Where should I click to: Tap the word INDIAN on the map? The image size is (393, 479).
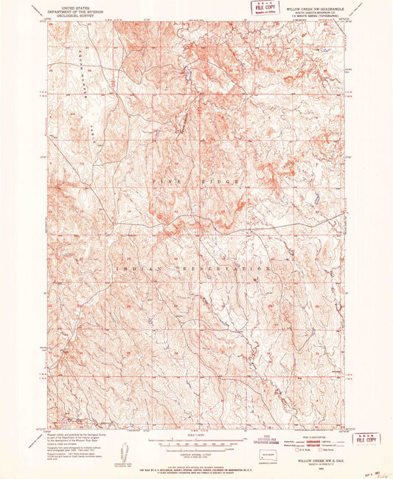[130, 269]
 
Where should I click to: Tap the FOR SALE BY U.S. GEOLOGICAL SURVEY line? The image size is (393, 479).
[196, 468]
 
